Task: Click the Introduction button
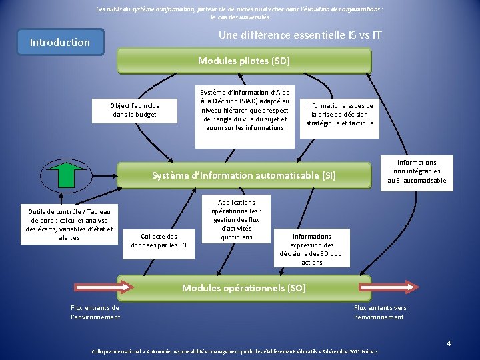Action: pyautogui.click(x=60, y=42)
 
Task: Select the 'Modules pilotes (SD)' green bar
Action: pyautogui.click(x=244, y=61)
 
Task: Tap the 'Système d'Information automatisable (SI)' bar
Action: pyautogui.click(x=244, y=175)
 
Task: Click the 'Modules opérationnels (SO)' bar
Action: pyautogui.click(x=244, y=288)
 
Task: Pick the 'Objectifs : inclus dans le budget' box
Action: pyautogui.click(x=134, y=109)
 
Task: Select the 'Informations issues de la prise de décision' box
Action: pyautogui.click(x=339, y=114)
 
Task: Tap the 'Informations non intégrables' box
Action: pyautogui.click(x=417, y=171)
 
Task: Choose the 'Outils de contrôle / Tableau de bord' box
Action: pyautogui.click(x=69, y=223)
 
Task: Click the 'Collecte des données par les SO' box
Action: pyautogui.click(x=163, y=240)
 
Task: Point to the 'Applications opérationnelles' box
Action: pyautogui.click(x=237, y=219)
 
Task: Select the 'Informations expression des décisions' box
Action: pyautogui.click(x=311, y=249)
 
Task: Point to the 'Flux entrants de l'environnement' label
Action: pyautogui.click(x=95, y=312)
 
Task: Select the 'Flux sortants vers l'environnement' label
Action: pyautogui.click(x=379, y=312)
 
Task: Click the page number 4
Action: pyautogui.click(x=449, y=343)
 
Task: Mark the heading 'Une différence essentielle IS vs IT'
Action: pyautogui.click(x=300, y=35)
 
